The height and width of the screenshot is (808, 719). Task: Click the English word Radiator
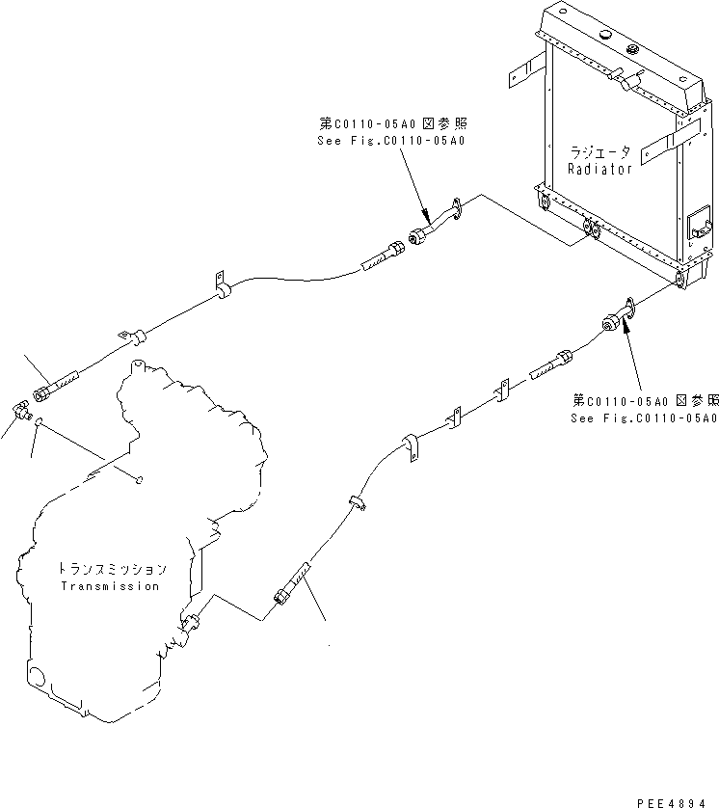point(599,169)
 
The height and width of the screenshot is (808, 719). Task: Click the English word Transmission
point(110,586)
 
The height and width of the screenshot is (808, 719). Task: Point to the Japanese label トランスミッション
point(111,570)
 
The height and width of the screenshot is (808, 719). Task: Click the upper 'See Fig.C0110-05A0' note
point(390,141)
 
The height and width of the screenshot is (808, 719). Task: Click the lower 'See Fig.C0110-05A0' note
point(643,418)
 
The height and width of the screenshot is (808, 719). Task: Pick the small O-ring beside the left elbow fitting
point(38,420)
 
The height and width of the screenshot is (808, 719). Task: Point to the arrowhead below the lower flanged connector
point(626,330)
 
